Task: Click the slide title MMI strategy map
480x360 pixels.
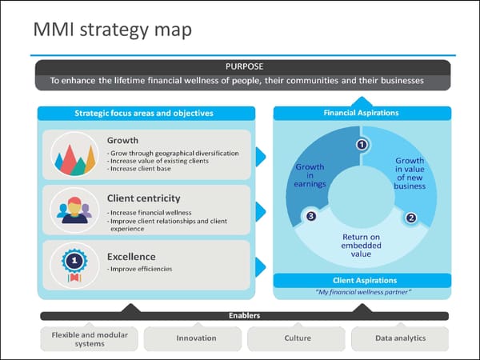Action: point(112,30)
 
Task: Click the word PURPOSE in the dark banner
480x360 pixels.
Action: point(244,66)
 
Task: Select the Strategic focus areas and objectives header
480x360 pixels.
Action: point(144,114)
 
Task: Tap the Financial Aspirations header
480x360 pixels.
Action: point(361,114)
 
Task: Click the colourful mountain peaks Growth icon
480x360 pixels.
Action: point(74,155)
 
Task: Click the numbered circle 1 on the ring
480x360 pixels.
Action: point(362,145)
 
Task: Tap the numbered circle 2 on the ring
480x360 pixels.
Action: point(411,217)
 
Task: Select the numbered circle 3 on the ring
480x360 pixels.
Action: point(311,216)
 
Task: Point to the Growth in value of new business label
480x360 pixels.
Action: point(410,174)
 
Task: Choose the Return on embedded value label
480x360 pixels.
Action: point(361,246)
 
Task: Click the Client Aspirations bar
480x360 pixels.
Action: point(364,281)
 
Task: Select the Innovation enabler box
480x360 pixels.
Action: point(196,338)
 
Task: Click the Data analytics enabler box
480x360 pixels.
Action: point(400,338)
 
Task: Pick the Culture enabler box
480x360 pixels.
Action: point(298,338)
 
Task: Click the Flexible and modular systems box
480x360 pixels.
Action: point(89,338)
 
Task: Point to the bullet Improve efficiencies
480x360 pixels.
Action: point(140,270)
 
